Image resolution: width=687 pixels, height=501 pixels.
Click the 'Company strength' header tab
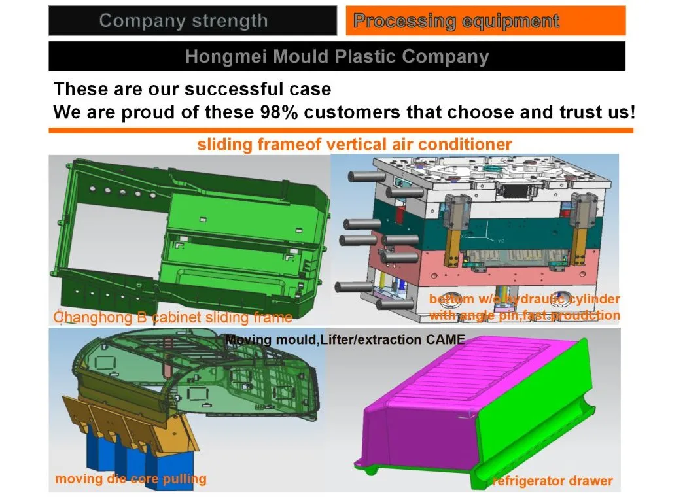point(184,20)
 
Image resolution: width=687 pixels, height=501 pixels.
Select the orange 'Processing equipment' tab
point(456,21)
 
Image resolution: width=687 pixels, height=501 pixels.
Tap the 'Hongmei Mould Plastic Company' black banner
point(337,56)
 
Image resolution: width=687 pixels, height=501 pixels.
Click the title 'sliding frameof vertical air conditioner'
point(355,144)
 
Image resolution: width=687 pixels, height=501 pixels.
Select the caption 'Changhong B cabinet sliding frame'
point(173,318)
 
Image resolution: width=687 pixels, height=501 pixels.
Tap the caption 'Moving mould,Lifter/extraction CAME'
point(345,339)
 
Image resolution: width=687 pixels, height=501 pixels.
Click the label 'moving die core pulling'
point(130,479)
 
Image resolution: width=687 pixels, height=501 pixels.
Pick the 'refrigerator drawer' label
point(553,481)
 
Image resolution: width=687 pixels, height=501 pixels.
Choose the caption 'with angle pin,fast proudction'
point(524,315)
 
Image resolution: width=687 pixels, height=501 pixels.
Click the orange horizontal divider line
point(340,131)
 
